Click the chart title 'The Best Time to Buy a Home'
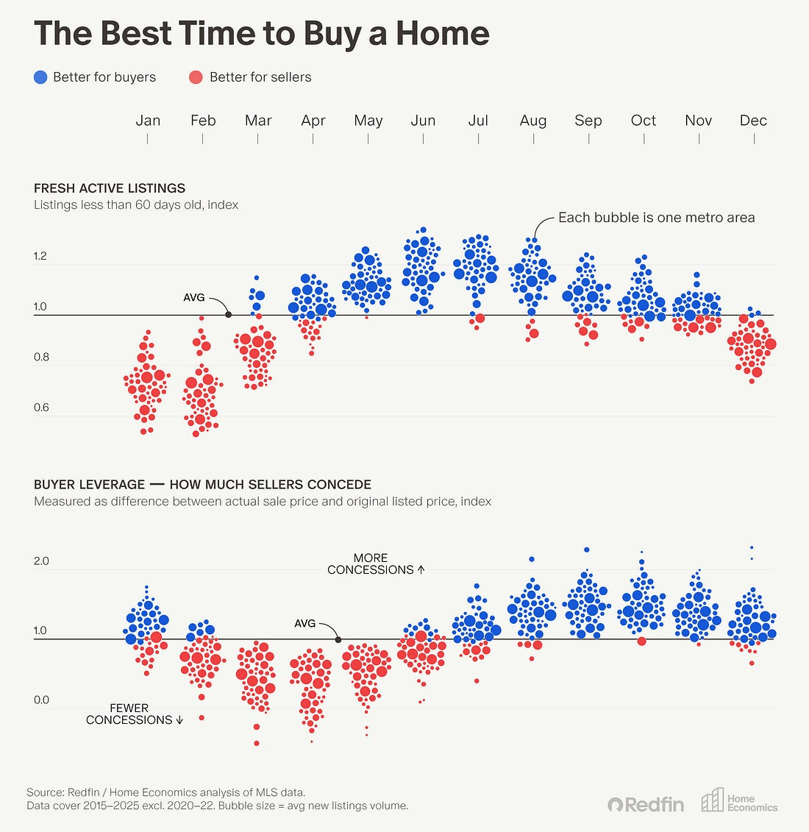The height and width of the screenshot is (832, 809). [261, 34]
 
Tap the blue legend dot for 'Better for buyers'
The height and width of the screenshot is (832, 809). [41, 77]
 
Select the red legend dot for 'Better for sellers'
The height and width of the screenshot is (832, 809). [196, 77]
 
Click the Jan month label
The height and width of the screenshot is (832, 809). [148, 121]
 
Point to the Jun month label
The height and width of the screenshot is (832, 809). [423, 121]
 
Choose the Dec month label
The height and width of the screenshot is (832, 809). [753, 121]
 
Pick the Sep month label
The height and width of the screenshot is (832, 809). [588, 121]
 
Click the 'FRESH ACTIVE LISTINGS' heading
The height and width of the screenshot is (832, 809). [110, 188]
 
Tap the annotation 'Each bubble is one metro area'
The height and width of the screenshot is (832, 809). [656, 218]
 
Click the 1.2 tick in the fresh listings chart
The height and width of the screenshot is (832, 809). [40, 257]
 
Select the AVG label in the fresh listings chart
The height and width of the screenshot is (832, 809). [193, 298]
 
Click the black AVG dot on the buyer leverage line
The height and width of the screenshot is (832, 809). [338, 639]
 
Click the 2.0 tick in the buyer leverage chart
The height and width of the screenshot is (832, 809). [41, 561]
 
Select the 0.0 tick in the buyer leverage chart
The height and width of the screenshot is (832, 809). [41, 700]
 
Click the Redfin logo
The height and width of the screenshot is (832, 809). [646, 804]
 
